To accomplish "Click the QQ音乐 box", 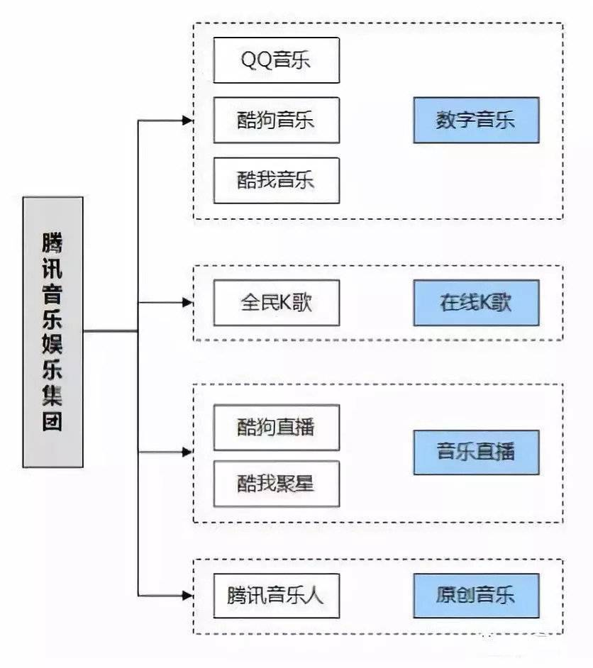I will point(276,60).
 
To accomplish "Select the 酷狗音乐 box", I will point(276,120).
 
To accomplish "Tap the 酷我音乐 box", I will point(276,180).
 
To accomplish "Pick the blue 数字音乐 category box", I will point(476,120).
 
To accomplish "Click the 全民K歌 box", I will point(276,303).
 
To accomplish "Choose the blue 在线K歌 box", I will point(476,303).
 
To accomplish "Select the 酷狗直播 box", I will point(276,427).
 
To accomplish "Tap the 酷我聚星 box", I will point(276,484).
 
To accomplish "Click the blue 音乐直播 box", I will point(476,452).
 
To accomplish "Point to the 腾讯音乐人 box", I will point(276,594).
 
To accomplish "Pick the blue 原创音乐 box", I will point(476,594).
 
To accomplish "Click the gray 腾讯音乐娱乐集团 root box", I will point(52,332).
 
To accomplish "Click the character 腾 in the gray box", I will point(52,244).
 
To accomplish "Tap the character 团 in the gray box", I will point(52,421).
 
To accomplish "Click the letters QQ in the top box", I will point(255,60).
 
